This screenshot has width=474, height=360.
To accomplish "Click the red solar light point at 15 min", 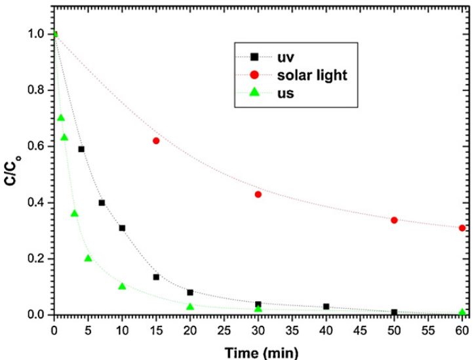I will click(x=156, y=141).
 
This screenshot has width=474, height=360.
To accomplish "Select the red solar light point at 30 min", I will click(x=258, y=194).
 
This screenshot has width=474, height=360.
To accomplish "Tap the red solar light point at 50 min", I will click(x=394, y=220).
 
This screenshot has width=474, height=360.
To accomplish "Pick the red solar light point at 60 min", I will click(x=462, y=228).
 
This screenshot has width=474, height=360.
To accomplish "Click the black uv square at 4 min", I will click(x=81, y=149).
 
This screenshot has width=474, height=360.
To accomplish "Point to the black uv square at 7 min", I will click(x=102, y=203).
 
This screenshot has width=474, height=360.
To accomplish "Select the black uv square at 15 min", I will click(x=156, y=277).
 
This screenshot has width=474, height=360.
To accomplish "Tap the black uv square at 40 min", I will click(x=326, y=306).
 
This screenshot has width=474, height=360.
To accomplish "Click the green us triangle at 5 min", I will click(x=88, y=258).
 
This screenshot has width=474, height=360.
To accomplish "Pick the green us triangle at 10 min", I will click(x=122, y=286).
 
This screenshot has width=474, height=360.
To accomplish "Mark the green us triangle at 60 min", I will click(x=462, y=312).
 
